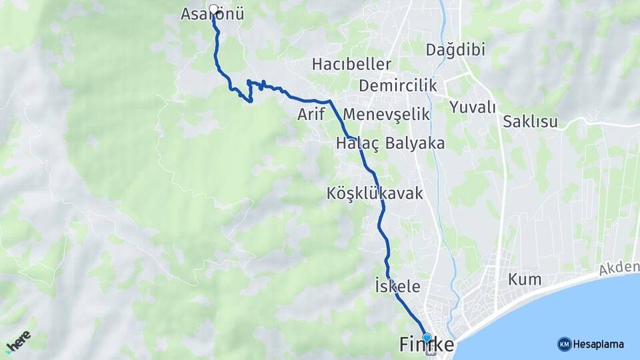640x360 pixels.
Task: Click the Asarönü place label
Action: click(213, 14)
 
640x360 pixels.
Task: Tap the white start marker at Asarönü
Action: click(213, 9)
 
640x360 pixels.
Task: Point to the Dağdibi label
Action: click(455, 49)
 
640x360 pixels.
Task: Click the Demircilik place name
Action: click(397, 85)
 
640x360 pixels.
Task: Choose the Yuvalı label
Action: click(473, 107)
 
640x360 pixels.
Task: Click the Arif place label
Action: click(311, 114)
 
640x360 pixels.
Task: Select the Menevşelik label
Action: click(387, 114)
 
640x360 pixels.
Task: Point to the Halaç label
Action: click(358, 143)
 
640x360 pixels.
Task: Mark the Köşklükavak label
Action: click(375, 193)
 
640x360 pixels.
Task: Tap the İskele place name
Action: click(398, 287)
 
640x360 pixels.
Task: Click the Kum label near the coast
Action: click(525, 279)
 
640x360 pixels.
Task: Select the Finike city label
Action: click(427, 345)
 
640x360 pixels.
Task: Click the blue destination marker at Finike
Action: click(427, 337)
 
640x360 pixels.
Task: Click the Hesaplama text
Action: click(599, 344)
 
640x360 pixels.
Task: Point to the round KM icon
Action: click(564, 344)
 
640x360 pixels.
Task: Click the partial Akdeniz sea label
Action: click(618, 269)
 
